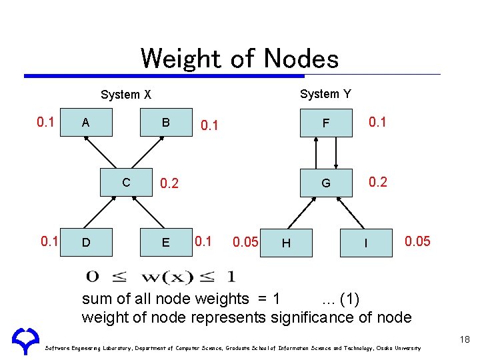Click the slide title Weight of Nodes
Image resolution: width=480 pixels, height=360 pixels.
[239, 59]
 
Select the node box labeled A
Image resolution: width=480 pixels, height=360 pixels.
[85, 122]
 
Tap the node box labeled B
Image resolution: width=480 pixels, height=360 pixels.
[165, 122]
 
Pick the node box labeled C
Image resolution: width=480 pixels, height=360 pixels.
[125, 182]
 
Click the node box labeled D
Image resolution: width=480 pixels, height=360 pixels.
[85, 242]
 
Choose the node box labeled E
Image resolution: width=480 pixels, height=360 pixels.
[165, 242]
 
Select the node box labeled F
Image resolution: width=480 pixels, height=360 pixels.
[325, 122]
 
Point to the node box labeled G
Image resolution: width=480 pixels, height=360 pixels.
[325, 182]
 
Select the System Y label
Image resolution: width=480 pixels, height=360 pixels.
[325, 94]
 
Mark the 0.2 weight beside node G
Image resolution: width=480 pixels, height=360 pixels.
[378, 181]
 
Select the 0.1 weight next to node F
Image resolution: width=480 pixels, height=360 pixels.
[378, 121]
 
